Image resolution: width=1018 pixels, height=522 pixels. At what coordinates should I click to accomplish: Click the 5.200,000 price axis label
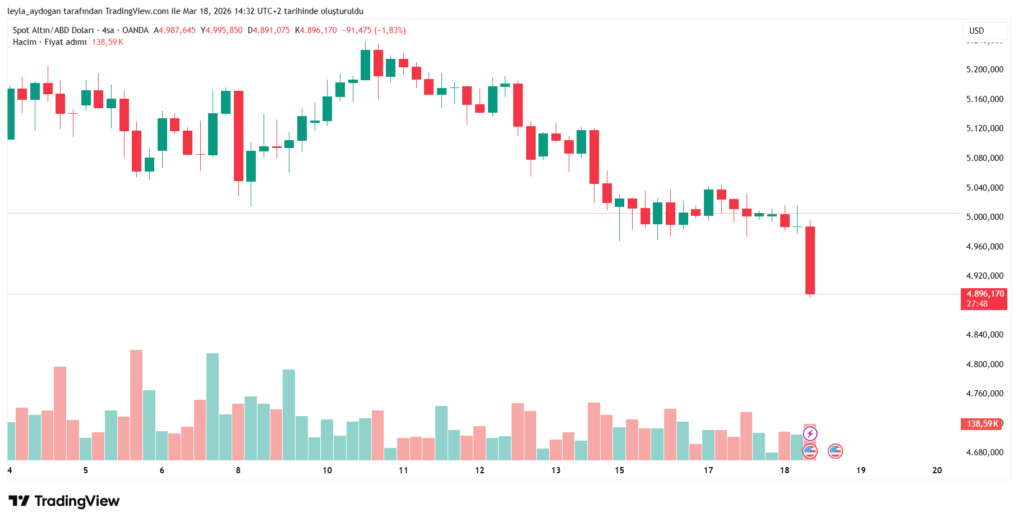click(x=984, y=70)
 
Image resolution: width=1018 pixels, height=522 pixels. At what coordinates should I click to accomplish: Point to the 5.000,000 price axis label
click(x=984, y=217)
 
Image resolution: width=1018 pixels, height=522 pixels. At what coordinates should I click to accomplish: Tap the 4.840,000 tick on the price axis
click(x=984, y=335)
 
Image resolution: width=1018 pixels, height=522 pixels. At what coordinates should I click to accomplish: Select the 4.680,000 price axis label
click(x=984, y=452)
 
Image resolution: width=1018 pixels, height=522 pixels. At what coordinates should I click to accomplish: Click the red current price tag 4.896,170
click(x=984, y=294)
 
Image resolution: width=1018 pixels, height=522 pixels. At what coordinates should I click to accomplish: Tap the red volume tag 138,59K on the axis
click(x=982, y=424)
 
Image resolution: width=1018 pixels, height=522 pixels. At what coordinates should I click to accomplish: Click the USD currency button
click(x=976, y=31)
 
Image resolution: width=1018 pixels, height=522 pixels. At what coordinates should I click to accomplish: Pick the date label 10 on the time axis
click(x=327, y=470)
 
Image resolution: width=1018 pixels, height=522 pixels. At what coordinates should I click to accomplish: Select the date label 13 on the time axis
click(x=556, y=470)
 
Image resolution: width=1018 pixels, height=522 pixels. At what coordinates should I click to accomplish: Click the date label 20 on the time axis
click(x=937, y=470)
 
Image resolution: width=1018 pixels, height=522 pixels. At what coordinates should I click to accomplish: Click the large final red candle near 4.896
click(x=810, y=260)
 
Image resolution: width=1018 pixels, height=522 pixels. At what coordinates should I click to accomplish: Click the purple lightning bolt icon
click(x=810, y=433)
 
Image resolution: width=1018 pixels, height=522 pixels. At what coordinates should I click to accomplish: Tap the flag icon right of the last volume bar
click(x=835, y=451)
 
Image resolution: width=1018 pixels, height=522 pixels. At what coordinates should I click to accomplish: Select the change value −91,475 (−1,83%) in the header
click(x=374, y=30)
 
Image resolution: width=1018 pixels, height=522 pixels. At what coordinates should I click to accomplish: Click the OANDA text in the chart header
click(x=135, y=30)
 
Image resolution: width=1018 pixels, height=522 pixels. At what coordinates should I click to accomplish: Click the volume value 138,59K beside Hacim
click(x=108, y=42)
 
